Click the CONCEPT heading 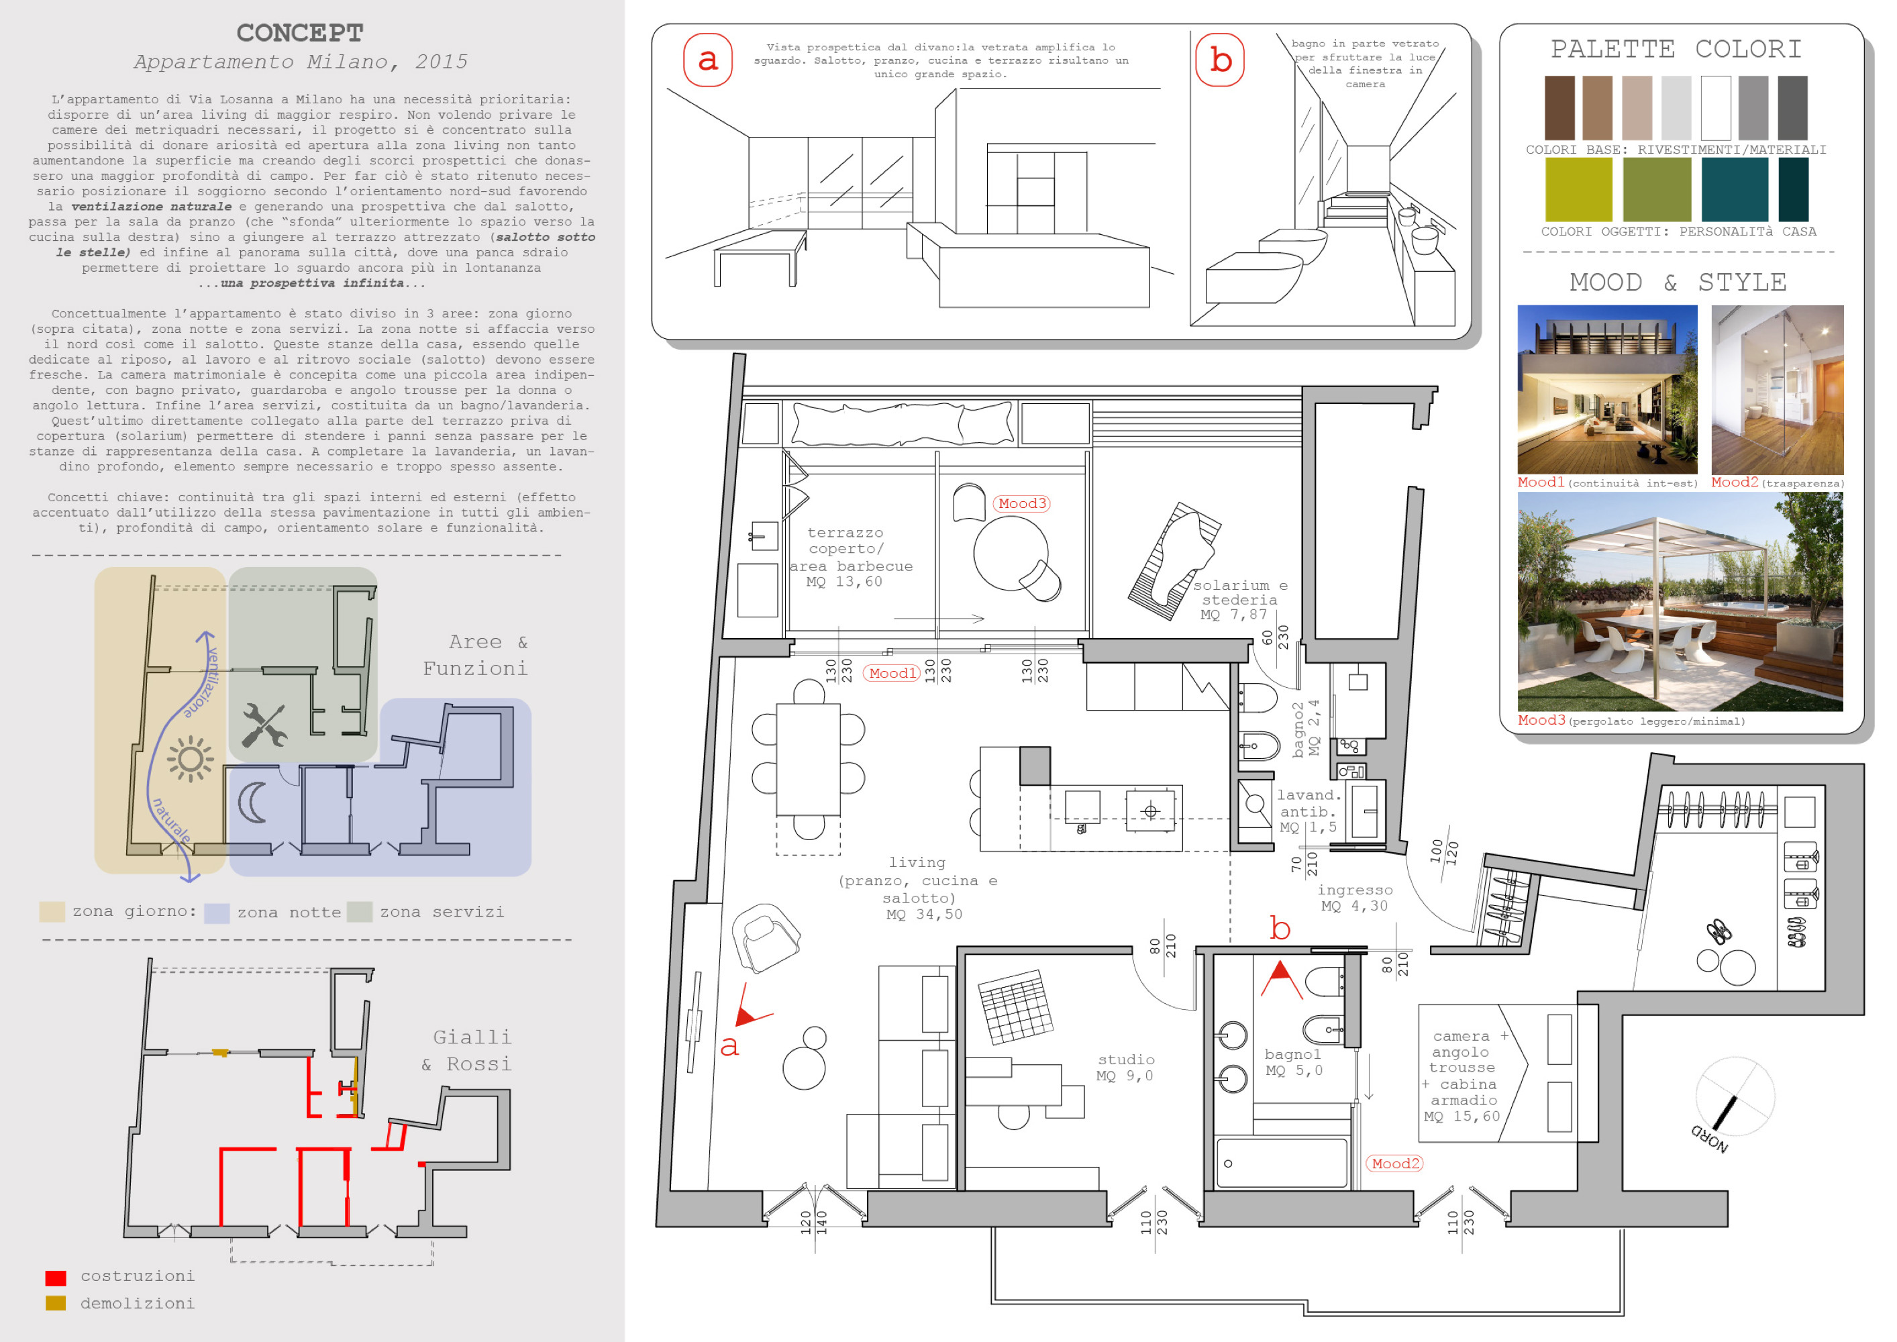coord(299,33)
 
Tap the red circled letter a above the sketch coord(707,60)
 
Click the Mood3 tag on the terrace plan coord(1021,503)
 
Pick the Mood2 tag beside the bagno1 coord(1394,1164)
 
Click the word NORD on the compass coord(1708,1139)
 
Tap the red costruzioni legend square coord(55,1278)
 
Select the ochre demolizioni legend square coord(55,1303)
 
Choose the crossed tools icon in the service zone coord(264,725)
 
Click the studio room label coord(1125,1060)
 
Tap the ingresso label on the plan coord(1355,890)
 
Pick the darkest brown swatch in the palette coord(1559,107)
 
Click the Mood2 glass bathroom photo coord(1776,389)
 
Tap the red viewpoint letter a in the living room coord(729,1047)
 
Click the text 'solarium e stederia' coord(1239,592)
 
